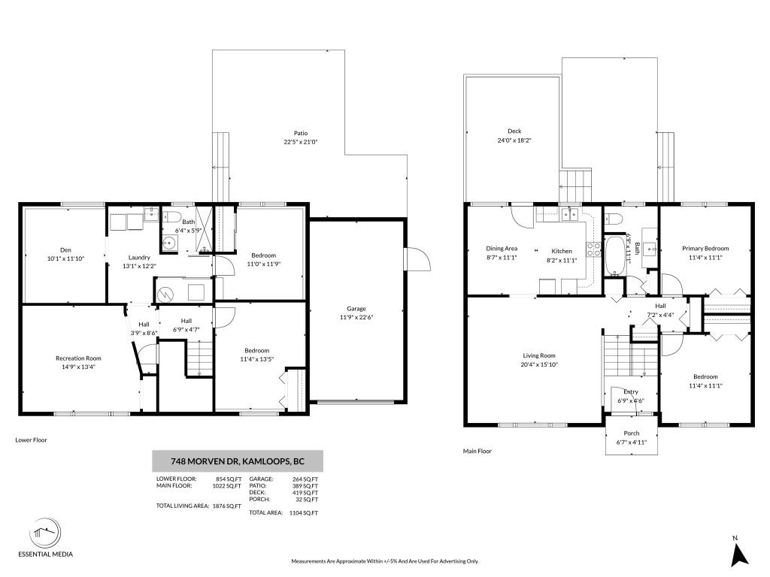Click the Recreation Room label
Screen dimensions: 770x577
pos(78,358)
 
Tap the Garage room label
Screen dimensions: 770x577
pos(356,309)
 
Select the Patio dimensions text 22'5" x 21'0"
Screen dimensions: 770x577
pos(301,142)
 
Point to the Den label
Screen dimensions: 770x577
pos(66,249)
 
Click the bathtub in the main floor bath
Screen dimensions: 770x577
pos(614,256)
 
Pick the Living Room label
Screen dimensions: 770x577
pos(538,355)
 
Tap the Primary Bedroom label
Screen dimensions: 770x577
pos(705,249)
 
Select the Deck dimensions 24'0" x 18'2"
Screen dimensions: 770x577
pos(514,140)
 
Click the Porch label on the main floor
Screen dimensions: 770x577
pos(632,434)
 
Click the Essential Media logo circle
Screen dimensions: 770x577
pos(45,533)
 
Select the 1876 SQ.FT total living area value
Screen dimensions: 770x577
pos(227,506)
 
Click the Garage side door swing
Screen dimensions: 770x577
pos(417,258)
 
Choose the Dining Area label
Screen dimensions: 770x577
pos(502,248)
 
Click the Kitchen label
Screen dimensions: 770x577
pos(561,251)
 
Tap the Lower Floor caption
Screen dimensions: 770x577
pos(31,440)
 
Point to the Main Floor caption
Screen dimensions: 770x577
pos(477,451)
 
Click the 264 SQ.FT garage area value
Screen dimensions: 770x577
pos(305,479)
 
